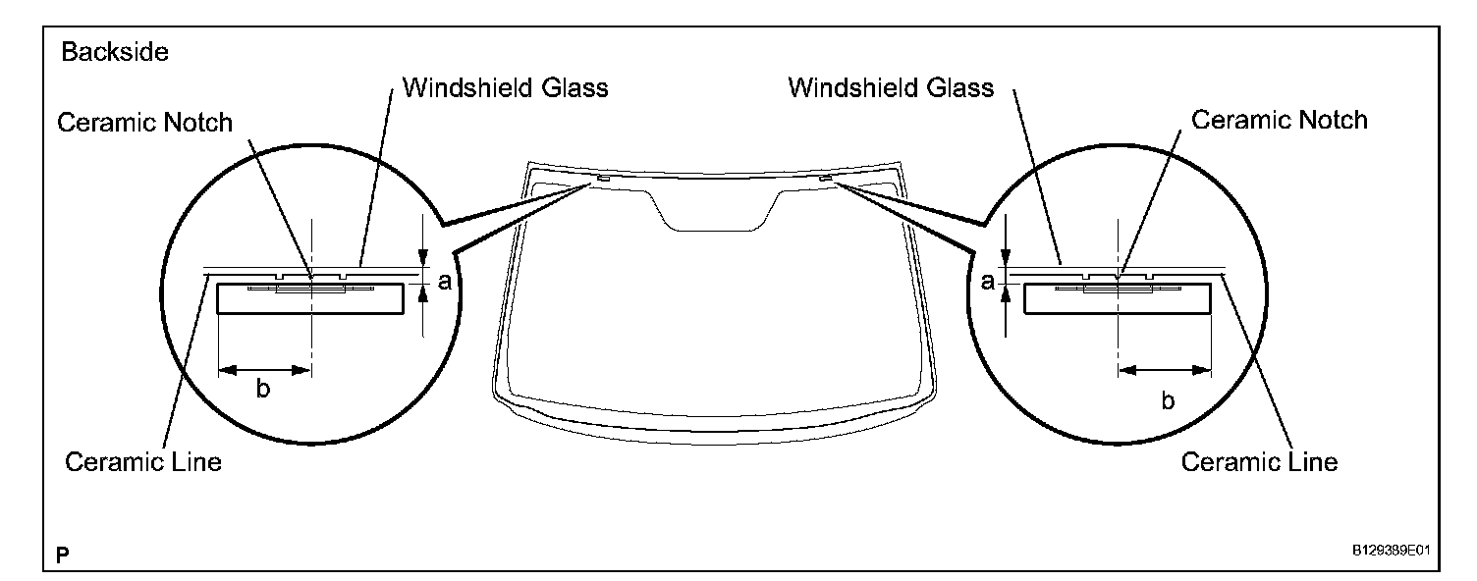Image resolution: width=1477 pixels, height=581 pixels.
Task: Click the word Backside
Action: click(x=115, y=53)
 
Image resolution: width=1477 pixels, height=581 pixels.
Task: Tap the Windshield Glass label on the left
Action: click(x=506, y=88)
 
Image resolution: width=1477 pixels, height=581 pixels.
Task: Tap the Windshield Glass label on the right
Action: click(x=891, y=88)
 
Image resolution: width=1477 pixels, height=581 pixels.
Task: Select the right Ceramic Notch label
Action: click(x=1279, y=121)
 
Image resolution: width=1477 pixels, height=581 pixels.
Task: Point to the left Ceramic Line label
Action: click(x=143, y=461)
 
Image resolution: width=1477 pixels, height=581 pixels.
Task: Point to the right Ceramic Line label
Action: click(x=1259, y=461)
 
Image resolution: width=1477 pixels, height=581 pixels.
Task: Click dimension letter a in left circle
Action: click(x=444, y=283)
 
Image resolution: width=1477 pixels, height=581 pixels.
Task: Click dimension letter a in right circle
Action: click(x=987, y=283)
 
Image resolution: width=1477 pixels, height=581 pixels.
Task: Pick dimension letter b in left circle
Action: click(x=263, y=390)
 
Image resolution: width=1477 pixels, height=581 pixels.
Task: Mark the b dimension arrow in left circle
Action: click(x=264, y=370)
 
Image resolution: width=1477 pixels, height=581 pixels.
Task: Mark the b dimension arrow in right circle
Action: click(x=1164, y=370)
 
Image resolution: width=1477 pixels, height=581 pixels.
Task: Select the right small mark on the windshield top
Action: click(x=827, y=179)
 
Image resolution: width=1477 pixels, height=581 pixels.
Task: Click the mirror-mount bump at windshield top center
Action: click(x=713, y=211)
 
